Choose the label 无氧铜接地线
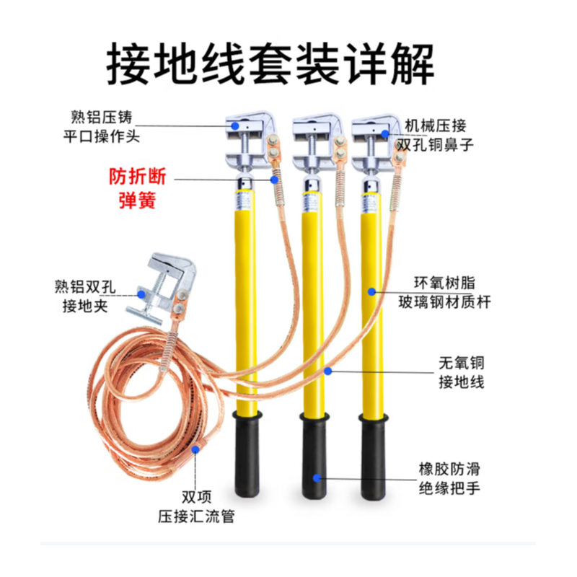point(462,371)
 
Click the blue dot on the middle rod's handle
point(315,477)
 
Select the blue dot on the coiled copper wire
point(195,450)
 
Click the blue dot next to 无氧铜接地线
point(327,371)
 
